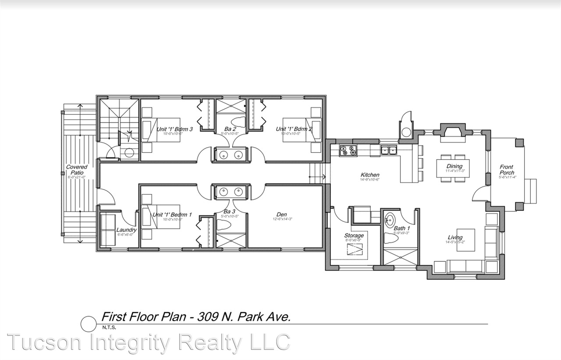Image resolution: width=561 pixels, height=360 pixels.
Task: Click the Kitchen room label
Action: point(369,175)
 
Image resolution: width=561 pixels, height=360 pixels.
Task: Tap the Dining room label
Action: point(454,166)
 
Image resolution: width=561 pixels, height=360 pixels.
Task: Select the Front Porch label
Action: point(507,170)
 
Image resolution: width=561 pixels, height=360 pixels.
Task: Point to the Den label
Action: point(281,214)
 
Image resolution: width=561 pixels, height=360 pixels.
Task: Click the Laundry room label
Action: point(126,230)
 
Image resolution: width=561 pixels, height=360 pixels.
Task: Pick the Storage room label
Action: point(353,235)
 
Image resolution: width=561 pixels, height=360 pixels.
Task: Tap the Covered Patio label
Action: point(77,170)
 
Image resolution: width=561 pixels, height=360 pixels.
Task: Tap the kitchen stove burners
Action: point(348,150)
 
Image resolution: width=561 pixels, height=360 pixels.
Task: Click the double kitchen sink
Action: point(388,150)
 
